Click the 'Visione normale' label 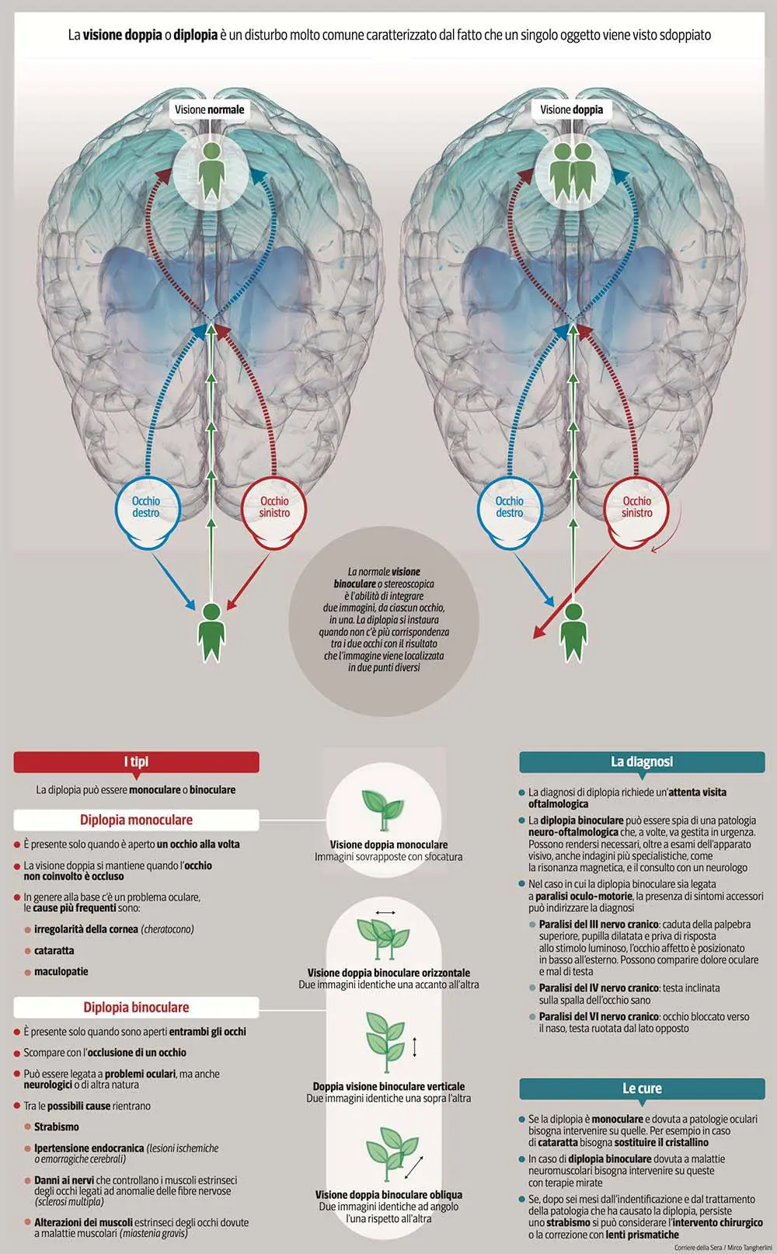pyautogui.click(x=209, y=110)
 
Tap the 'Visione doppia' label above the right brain pyautogui.click(x=572, y=110)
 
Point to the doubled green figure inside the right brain pyautogui.click(x=572, y=172)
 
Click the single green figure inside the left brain pyautogui.click(x=211, y=171)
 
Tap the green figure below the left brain pyautogui.click(x=211, y=632)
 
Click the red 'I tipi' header pyautogui.click(x=136, y=762)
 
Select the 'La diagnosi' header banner pyautogui.click(x=642, y=762)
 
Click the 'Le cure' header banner pyautogui.click(x=642, y=1089)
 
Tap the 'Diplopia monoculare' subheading pyautogui.click(x=136, y=820)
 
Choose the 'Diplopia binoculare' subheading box pyautogui.click(x=136, y=1008)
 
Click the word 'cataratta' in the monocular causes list pyautogui.click(x=54, y=950)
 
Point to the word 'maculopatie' pyautogui.click(x=61, y=972)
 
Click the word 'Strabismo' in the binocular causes pyautogui.click(x=57, y=1127)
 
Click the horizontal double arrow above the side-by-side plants pyautogui.click(x=385, y=912)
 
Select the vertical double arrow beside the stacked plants pyautogui.click(x=415, y=1047)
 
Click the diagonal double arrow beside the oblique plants pyautogui.click(x=414, y=1167)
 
